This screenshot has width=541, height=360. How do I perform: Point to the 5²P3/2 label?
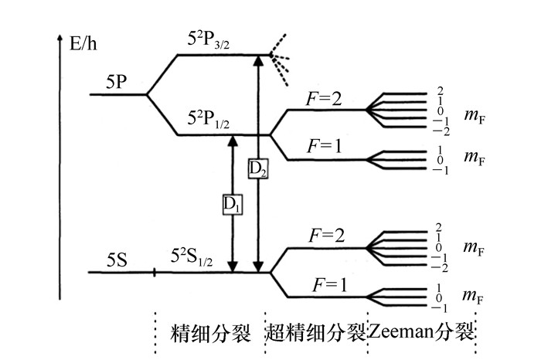pos(209,40)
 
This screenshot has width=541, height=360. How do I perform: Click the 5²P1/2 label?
pos(208,120)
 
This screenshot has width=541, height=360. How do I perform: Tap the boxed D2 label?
pos(258,168)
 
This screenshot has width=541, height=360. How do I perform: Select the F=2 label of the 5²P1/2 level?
pos(325,98)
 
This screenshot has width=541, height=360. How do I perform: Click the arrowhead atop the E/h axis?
pos(60,37)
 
